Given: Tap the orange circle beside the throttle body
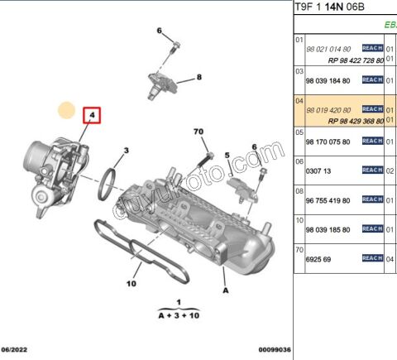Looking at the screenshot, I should click(x=65, y=108).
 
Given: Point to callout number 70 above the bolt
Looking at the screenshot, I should click(x=198, y=132).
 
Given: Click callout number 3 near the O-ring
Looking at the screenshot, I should click(x=127, y=151).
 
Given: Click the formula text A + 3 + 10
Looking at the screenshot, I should click(x=179, y=315).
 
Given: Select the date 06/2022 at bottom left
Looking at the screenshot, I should click(x=16, y=350).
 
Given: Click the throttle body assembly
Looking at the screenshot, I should click(x=45, y=166).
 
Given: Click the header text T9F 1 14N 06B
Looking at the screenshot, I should click(x=336, y=7).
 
